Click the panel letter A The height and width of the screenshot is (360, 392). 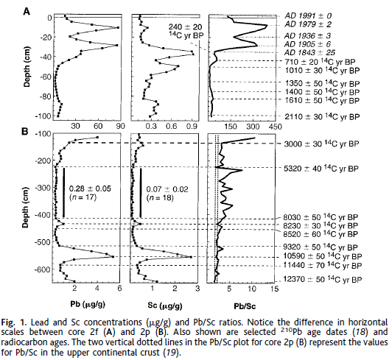pos(26,10)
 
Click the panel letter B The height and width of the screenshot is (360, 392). pos(26,133)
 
